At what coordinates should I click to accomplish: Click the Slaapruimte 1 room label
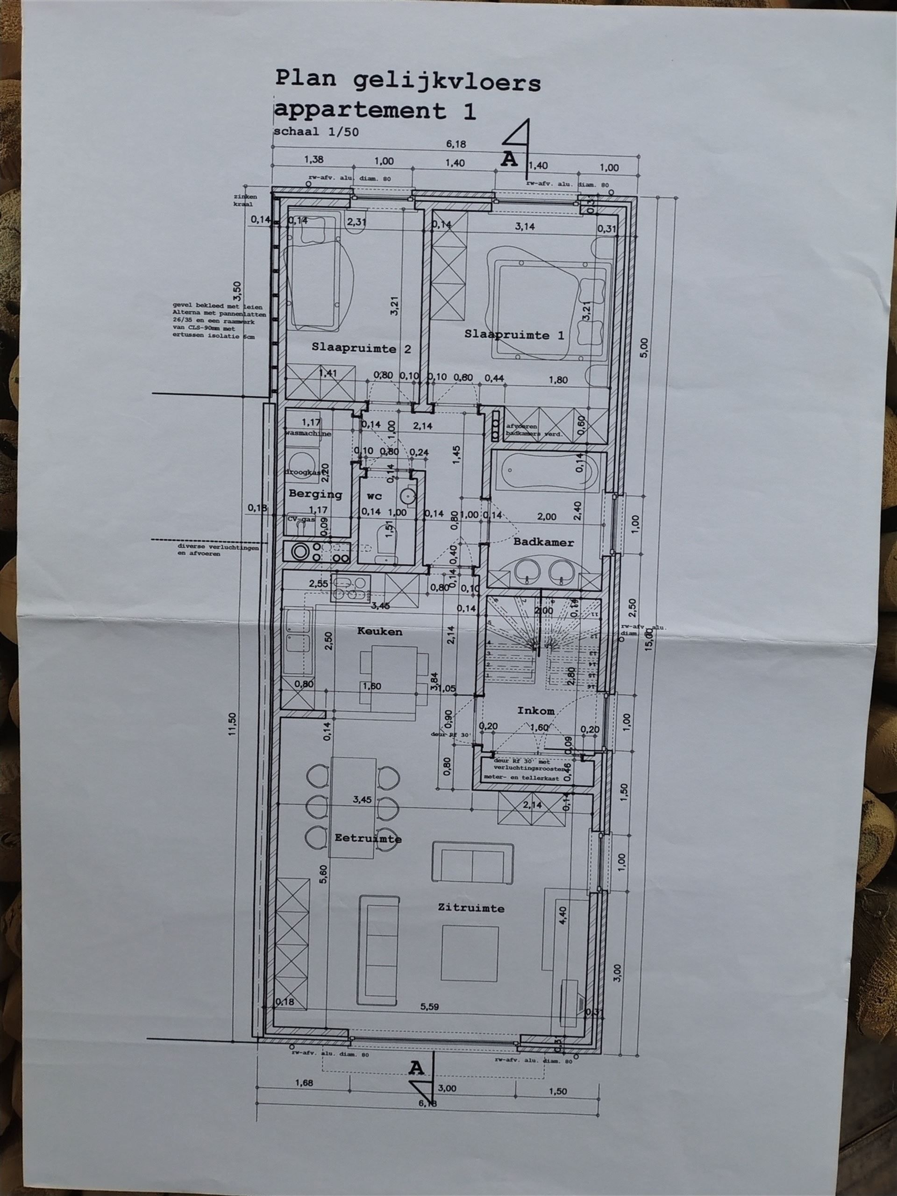pos(514,335)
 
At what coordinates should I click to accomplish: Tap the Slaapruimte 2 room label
pos(361,349)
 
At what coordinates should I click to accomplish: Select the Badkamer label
pos(543,542)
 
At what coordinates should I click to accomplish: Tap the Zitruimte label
pos(471,908)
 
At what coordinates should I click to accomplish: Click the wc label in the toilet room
pos(374,496)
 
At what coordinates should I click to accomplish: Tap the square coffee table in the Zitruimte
pos(470,953)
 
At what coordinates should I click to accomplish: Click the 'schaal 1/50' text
pos(316,131)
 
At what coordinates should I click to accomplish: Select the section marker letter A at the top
pos(509,159)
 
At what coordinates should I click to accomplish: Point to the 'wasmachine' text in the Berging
pos(309,434)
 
